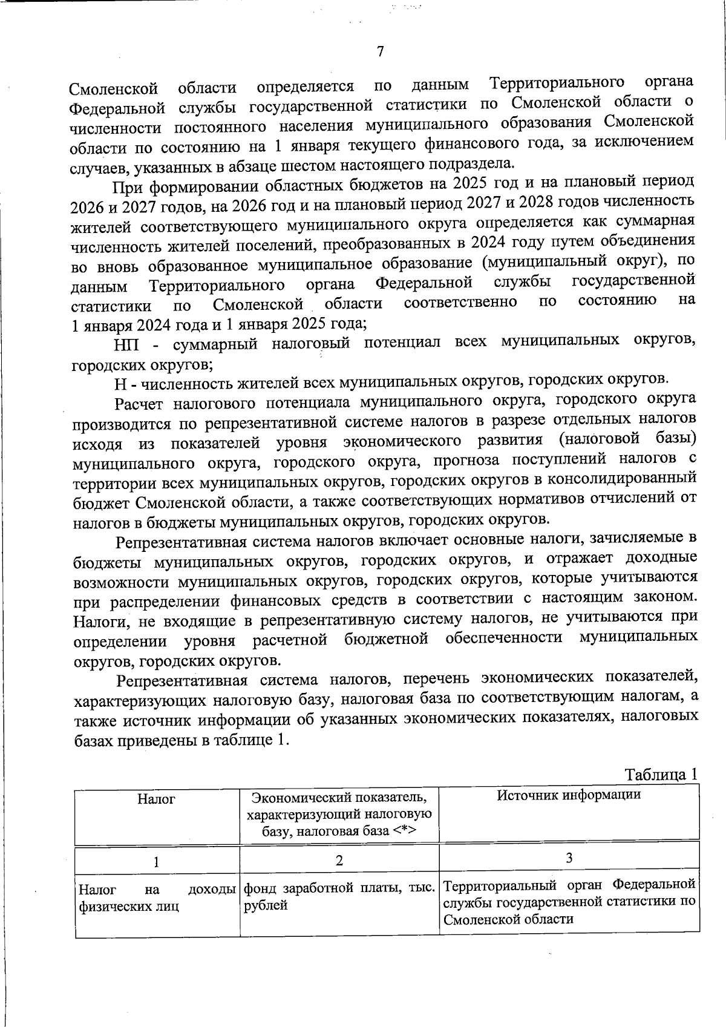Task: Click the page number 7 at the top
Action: coord(380,52)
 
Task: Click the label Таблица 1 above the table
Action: coord(662,775)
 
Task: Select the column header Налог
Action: coord(156,799)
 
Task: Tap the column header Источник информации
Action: coord(569,795)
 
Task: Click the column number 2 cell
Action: coord(339,861)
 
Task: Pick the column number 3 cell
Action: coord(569,858)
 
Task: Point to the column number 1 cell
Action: coord(156,862)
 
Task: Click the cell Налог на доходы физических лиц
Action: coord(156,898)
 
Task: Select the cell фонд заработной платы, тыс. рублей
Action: coord(339,897)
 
